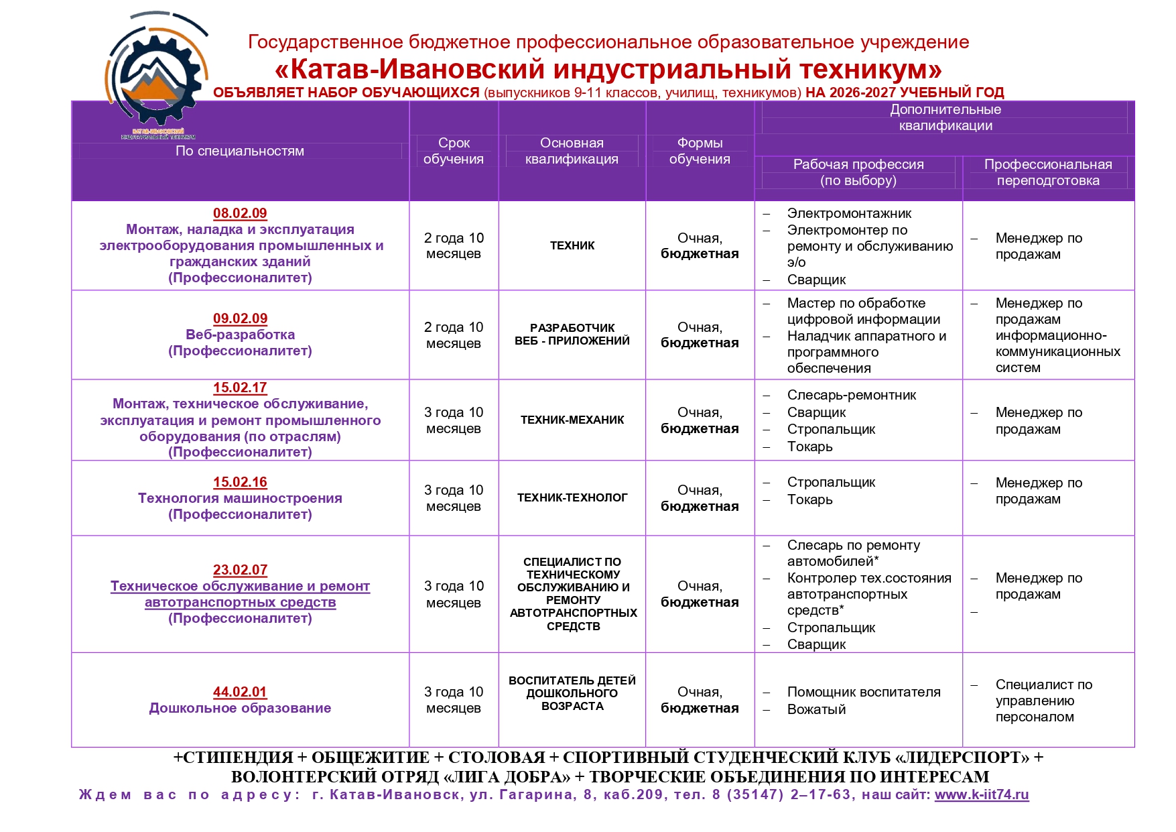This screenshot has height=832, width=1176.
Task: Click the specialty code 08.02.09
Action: (x=240, y=213)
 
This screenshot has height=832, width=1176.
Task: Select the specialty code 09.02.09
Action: (x=240, y=318)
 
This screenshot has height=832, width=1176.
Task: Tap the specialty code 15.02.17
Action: (x=240, y=388)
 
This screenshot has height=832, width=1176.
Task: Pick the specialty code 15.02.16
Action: (x=240, y=482)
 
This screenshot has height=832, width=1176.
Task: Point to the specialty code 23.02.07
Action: (x=240, y=570)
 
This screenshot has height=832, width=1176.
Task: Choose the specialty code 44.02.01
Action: (x=240, y=692)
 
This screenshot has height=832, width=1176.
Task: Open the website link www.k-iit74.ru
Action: (x=981, y=795)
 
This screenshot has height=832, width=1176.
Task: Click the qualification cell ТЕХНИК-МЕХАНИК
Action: (x=572, y=420)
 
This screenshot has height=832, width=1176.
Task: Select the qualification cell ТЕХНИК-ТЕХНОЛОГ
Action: (x=572, y=498)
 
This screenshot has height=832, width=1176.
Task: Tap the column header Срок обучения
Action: (x=454, y=151)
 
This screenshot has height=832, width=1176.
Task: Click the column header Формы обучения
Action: (x=700, y=151)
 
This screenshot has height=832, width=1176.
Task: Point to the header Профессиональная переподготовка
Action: (x=1048, y=172)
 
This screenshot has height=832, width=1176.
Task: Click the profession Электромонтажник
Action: (x=849, y=214)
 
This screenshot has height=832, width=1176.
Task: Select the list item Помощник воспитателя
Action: (x=863, y=693)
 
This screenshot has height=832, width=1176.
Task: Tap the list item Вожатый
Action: (x=816, y=710)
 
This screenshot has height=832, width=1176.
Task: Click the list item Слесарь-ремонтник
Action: (x=851, y=396)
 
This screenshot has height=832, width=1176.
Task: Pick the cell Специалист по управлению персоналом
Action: (x=1043, y=701)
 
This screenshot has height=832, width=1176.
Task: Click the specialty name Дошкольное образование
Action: (x=240, y=709)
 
